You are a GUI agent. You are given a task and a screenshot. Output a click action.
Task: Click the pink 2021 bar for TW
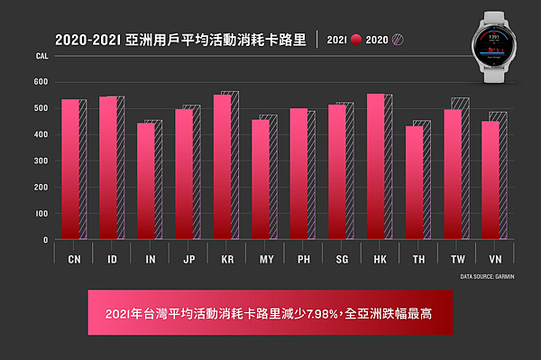coord(452,175)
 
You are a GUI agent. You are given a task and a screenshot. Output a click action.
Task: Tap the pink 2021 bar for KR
coord(222,167)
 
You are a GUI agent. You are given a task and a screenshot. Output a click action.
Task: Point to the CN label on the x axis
coord(74,258)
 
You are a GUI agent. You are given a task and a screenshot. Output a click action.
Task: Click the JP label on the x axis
coord(188,258)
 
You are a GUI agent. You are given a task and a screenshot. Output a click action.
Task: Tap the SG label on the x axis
coord(342,258)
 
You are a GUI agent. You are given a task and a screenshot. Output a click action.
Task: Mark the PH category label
coord(303,258)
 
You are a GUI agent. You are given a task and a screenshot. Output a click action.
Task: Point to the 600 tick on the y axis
coord(40,82)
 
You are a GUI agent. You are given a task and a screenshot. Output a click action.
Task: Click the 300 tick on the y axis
coord(40,162)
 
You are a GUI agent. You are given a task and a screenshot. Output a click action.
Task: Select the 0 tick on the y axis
coord(45,240)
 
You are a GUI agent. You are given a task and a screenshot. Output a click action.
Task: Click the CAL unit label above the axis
coord(41,56)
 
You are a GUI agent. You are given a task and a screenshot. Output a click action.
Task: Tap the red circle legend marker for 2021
coord(356,40)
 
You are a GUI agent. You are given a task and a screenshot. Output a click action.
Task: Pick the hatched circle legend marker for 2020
coord(397,40)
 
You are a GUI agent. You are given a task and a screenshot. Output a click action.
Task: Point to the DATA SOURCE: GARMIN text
coord(487,276)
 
